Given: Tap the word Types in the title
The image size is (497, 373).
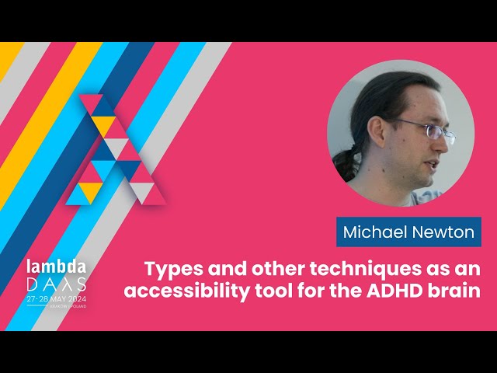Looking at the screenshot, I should (172, 270).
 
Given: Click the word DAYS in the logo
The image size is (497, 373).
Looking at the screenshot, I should (56, 284).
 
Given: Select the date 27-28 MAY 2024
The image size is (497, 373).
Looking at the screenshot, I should (56, 298).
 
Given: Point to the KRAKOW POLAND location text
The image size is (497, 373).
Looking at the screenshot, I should (68, 307).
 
